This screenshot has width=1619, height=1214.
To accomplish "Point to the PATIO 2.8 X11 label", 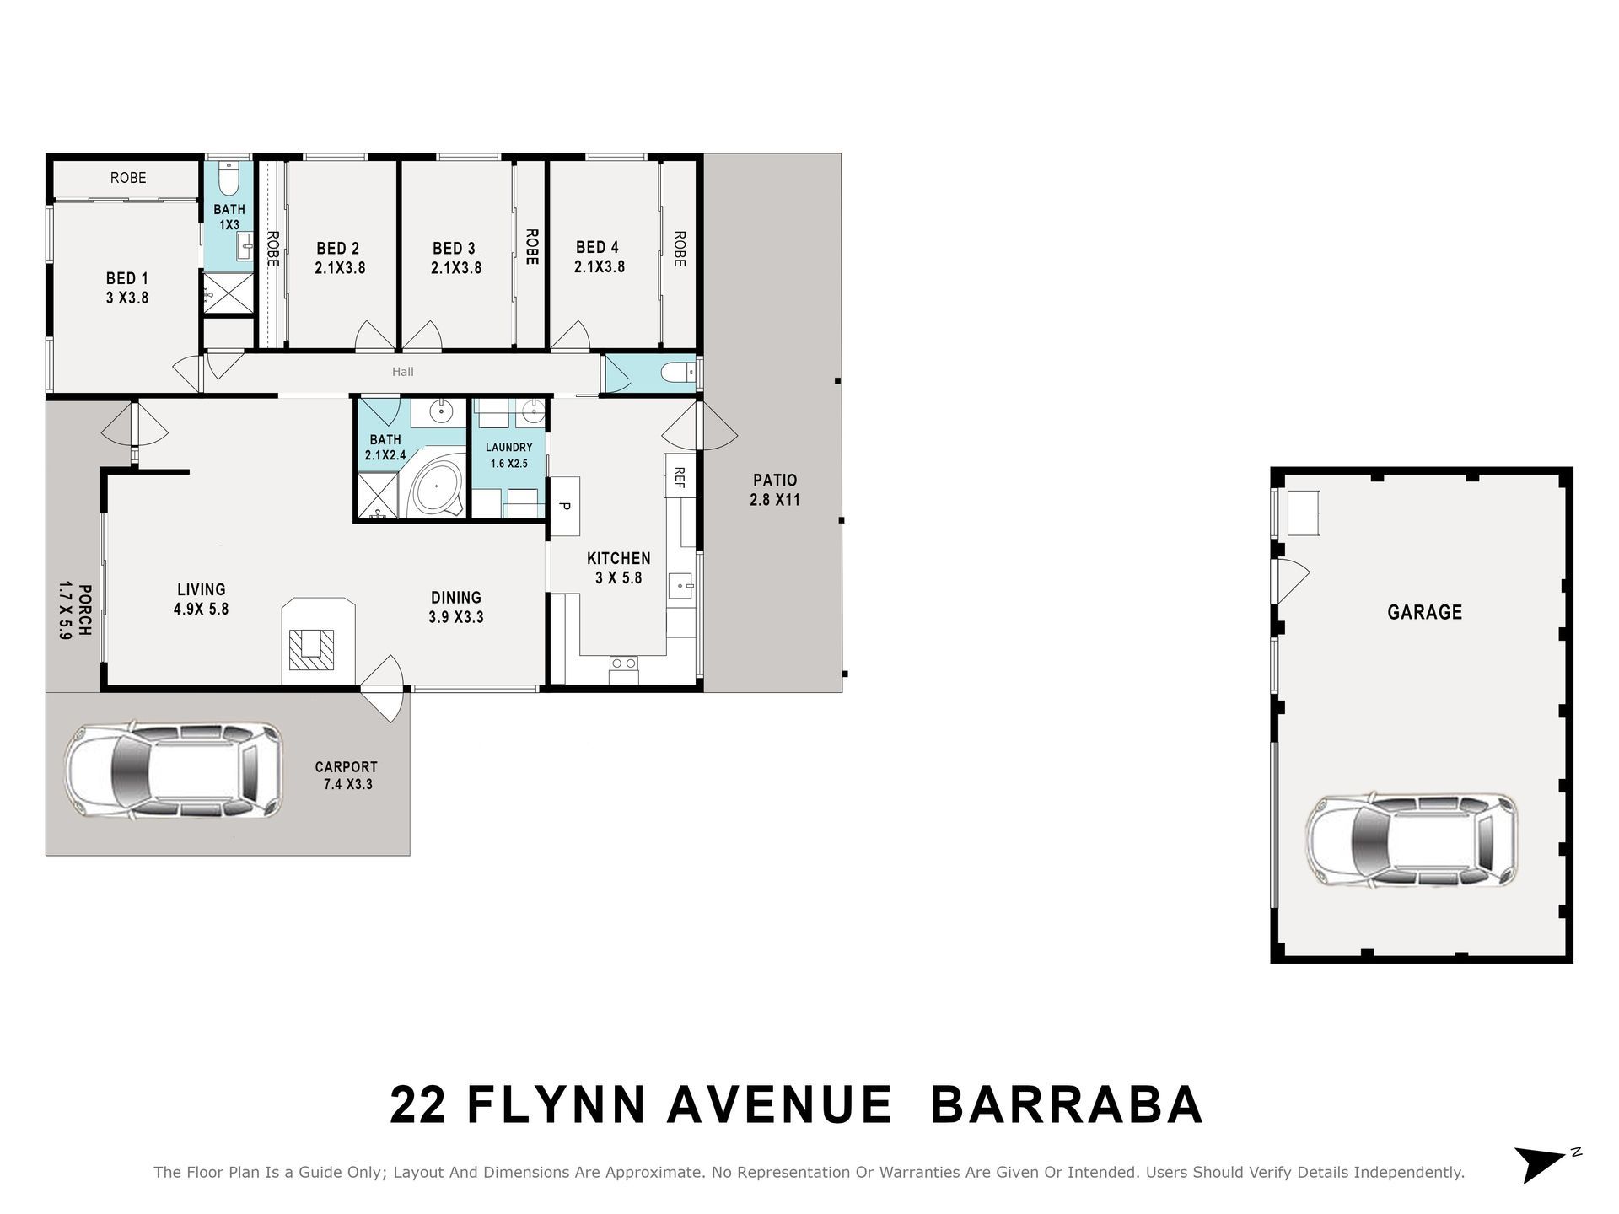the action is pyautogui.click(x=774, y=490).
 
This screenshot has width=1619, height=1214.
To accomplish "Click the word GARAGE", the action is pyautogui.click(x=1425, y=612).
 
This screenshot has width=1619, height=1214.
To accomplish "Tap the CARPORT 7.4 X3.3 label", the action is pyautogui.click(x=346, y=776).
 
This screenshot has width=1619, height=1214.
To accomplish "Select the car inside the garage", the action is pyautogui.click(x=1412, y=840).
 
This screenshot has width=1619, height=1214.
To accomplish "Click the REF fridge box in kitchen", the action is pyautogui.click(x=679, y=477).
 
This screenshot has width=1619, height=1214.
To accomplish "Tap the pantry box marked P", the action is pyautogui.click(x=565, y=506).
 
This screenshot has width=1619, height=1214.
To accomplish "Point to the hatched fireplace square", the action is pyautogui.click(x=311, y=649).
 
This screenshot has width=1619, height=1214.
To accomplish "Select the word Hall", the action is pyautogui.click(x=403, y=372).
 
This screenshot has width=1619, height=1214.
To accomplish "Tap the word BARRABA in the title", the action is pyautogui.click(x=1066, y=1105).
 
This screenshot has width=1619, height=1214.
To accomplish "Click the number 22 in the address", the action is pyautogui.click(x=418, y=1105).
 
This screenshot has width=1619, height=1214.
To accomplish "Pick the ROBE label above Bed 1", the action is pyautogui.click(x=128, y=178).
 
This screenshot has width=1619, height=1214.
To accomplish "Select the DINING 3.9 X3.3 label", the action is pyautogui.click(x=456, y=607).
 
